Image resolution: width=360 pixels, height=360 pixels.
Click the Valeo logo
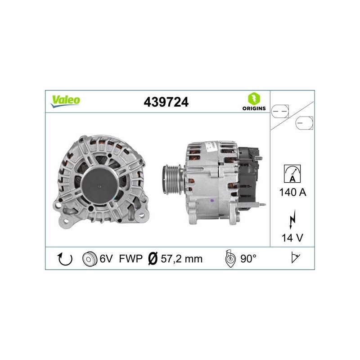[65, 101]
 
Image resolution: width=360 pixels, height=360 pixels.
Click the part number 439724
[166, 102]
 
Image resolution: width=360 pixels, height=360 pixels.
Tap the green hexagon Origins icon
[254, 99]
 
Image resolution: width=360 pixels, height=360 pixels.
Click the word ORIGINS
[254, 108]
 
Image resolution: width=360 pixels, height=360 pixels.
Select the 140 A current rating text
[293, 192]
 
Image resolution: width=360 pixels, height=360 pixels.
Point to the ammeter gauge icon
[292, 174]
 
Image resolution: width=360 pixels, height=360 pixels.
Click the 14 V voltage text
[292, 238]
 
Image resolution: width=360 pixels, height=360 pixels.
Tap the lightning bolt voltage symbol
[292, 219]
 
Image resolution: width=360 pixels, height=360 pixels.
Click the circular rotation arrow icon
[65, 259]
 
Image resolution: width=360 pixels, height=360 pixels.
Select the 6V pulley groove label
[106, 259]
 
